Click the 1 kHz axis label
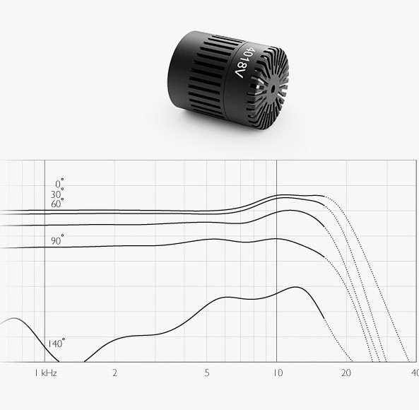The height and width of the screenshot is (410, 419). tap(46, 373)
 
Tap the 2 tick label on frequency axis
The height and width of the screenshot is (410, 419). tap(114, 373)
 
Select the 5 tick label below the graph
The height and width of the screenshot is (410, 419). tap(207, 373)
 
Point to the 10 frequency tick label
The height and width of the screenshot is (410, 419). tap(278, 373)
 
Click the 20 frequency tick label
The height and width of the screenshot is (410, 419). tap(346, 373)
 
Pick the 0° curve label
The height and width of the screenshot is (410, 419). tap(59, 183)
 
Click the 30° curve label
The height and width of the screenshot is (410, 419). tap(57, 194)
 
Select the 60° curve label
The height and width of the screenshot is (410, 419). tap(57, 204)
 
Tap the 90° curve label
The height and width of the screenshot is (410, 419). tap(57, 240)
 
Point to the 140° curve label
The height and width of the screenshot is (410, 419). tap(56, 343)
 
